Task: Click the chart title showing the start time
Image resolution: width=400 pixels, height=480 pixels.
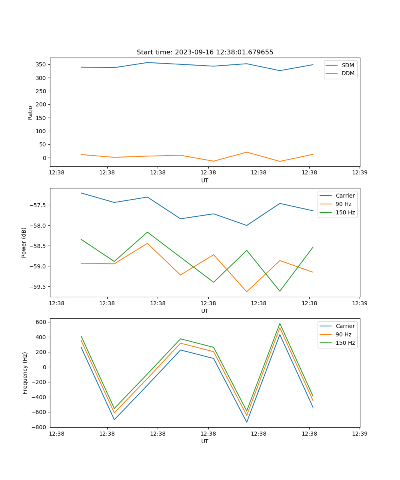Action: [x=205, y=52]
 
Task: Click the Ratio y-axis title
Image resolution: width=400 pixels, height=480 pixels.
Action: [x=30, y=112]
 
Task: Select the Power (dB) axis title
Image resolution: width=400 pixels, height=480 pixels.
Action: [x=24, y=242]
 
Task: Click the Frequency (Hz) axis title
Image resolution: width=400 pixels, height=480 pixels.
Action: [x=25, y=373]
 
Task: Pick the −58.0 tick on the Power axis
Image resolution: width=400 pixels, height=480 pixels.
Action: [x=38, y=226]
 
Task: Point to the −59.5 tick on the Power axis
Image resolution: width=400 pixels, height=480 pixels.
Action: [x=38, y=287]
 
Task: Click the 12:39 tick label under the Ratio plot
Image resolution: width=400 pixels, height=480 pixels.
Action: [x=359, y=173]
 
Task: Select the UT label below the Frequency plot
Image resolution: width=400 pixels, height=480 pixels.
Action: [x=205, y=441]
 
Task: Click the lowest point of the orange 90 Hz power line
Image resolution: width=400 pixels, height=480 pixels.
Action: [x=246, y=292]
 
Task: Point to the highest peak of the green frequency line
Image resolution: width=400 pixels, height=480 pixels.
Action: [x=280, y=324]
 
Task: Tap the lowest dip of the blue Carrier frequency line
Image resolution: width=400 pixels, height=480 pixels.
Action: [x=246, y=422]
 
